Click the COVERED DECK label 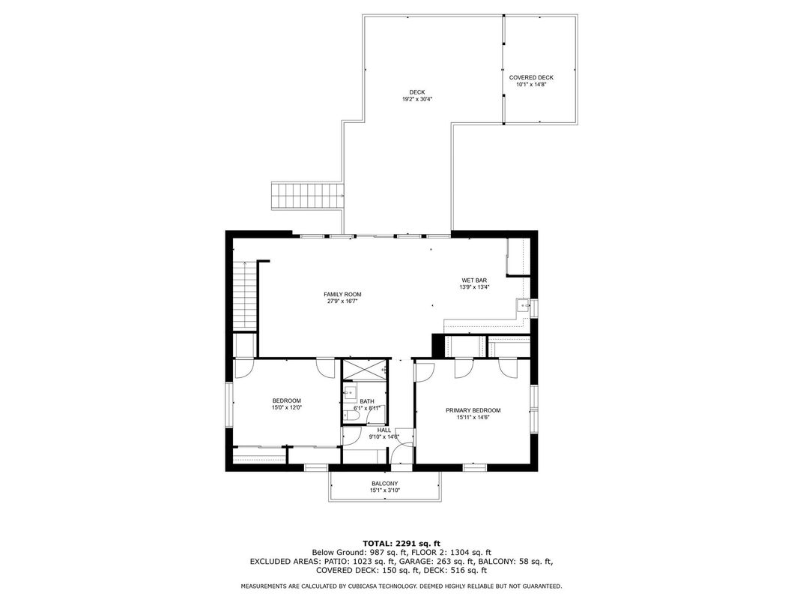point(531,77)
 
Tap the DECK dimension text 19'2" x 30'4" point(417,99)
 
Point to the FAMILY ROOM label point(342,294)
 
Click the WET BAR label point(474,280)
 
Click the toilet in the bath point(349,415)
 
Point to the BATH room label point(367,401)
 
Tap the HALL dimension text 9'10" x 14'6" point(384,436)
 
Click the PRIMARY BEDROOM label point(473,410)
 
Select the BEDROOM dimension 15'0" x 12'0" point(286,408)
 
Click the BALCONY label point(384,483)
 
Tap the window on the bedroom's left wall point(230,405)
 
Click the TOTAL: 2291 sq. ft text point(401,542)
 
